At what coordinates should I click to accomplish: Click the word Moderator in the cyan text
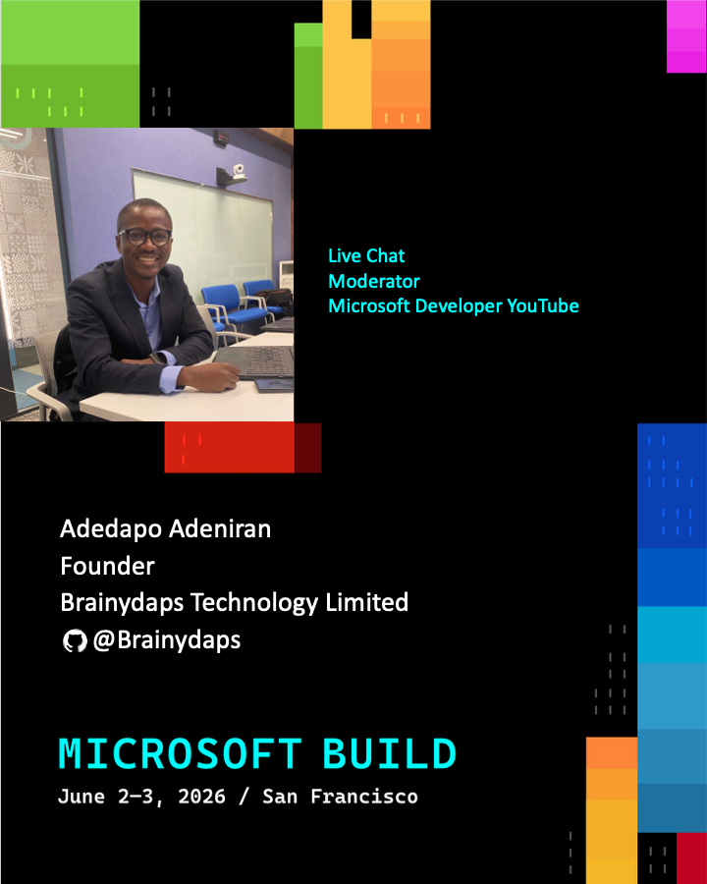pos(374,281)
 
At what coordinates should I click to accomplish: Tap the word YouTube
pos(543,305)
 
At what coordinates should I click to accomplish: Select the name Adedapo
pos(112,529)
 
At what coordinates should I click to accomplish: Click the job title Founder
pos(107,566)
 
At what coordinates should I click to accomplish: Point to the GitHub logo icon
pos(75,641)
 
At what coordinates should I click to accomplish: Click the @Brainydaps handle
pos(167,640)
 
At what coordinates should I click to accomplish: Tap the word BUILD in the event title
pos(389,753)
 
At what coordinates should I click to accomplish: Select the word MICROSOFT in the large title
pos(181,753)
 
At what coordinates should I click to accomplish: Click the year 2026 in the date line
pos(201,797)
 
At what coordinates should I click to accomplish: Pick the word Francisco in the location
pos(364,797)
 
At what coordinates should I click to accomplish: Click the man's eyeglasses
pos(144,237)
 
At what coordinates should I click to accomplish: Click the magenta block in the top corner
pos(686,36)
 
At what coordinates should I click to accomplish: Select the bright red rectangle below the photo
pos(230,448)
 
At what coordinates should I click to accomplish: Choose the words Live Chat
pos(366,256)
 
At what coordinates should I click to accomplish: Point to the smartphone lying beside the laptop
pos(274,385)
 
